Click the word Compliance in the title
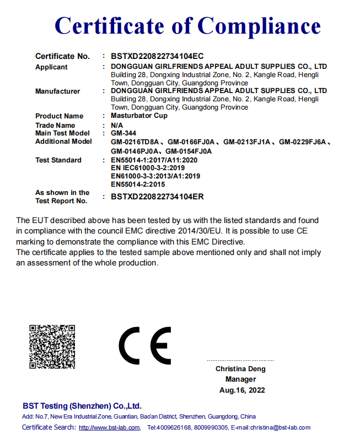259,25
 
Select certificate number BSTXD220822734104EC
157,56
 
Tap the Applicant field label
51,67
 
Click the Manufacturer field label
57,91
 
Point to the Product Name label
59,116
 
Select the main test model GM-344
123,133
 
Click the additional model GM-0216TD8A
135,142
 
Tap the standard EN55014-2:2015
138,184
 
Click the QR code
52,346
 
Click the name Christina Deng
240,369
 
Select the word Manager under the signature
240,379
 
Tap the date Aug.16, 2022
242,390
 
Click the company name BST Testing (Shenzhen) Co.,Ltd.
82,406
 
